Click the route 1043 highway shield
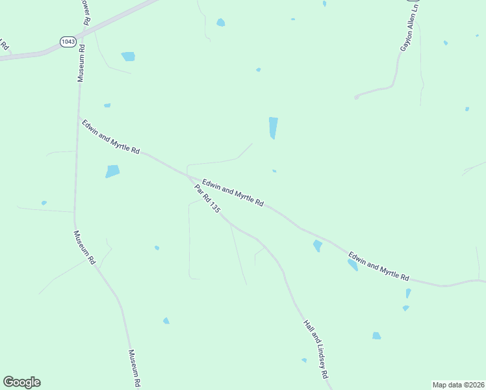point(68,41)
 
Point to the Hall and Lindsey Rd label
point(317,350)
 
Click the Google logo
point(21,382)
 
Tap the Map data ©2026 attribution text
point(458,385)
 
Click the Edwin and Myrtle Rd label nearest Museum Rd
point(110,136)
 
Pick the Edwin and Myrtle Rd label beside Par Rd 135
point(232,193)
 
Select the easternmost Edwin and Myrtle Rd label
point(378,266)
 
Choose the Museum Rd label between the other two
point(84,248)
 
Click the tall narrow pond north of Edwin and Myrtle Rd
point(274,127)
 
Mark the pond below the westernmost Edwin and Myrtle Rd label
point(112,172)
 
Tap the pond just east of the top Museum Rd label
point(128,57)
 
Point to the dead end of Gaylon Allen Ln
point(356,97)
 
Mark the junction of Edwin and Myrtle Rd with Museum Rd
point(79,118)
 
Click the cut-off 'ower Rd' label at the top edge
point(85,12)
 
